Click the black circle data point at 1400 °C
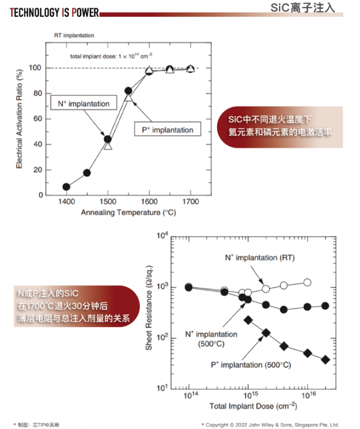coord(66,187)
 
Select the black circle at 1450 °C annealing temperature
coord(87,173)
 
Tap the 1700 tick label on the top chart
coord(190,202)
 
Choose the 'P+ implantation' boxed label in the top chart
coord(167,130)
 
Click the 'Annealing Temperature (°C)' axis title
coord(129,213)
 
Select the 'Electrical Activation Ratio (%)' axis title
coord(19,119)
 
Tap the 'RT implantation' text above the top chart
coord(74,36)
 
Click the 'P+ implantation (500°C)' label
coord(251,365)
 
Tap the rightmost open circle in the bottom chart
coord(307,282)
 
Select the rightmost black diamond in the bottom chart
coord(325,359)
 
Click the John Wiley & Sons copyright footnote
coord(277,425)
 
